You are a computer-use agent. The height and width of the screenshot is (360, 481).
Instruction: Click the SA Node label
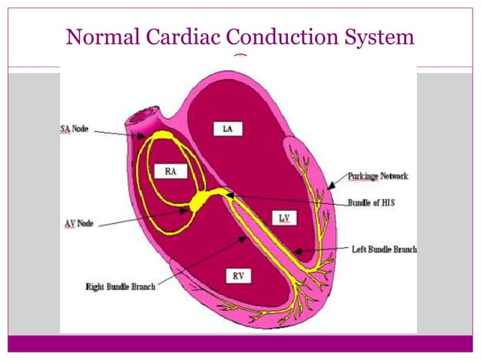75,129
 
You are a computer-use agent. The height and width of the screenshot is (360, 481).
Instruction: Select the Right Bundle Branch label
121,286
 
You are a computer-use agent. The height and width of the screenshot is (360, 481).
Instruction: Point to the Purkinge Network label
378,176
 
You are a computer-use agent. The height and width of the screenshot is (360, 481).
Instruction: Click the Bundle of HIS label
374,202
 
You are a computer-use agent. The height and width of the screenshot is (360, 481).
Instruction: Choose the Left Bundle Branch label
384,249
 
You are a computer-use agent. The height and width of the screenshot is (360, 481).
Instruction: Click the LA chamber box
227,129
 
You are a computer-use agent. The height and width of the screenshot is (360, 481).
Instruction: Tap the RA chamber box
170,171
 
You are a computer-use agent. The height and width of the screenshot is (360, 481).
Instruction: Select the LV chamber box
284,218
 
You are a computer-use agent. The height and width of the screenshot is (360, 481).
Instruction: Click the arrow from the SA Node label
121,133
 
